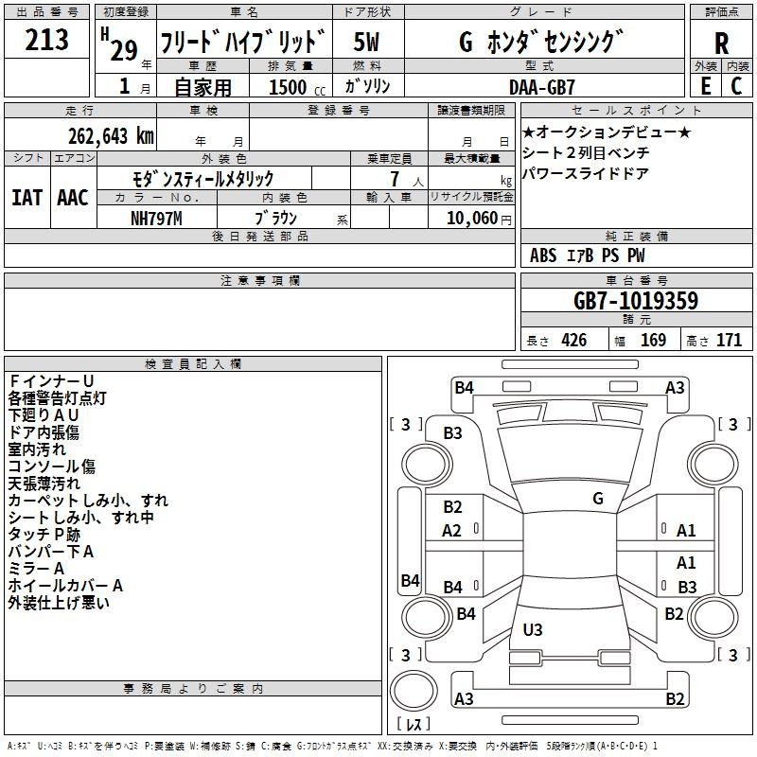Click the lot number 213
pos(46,40)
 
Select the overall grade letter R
pos(721,43)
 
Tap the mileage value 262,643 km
pos(111,136)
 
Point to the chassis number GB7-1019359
pos(636,300)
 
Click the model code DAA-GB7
pos(541,87)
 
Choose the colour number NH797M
pos(156,219)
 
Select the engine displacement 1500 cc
pos(297,87)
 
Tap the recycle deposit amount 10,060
pos(472,219)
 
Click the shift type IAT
pos(27,198)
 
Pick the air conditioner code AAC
pos(73,198)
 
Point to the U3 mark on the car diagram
pos(533,629)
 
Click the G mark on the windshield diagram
pos(598,499)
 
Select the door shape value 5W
pos(366,42)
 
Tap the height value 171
pos(729,340)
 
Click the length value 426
pos(574,340)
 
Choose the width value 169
pos(653,340)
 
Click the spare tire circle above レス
pos(414,691)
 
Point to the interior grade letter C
pos(736,86)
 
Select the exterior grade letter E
pos(706,86)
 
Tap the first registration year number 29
pos(124,50)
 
